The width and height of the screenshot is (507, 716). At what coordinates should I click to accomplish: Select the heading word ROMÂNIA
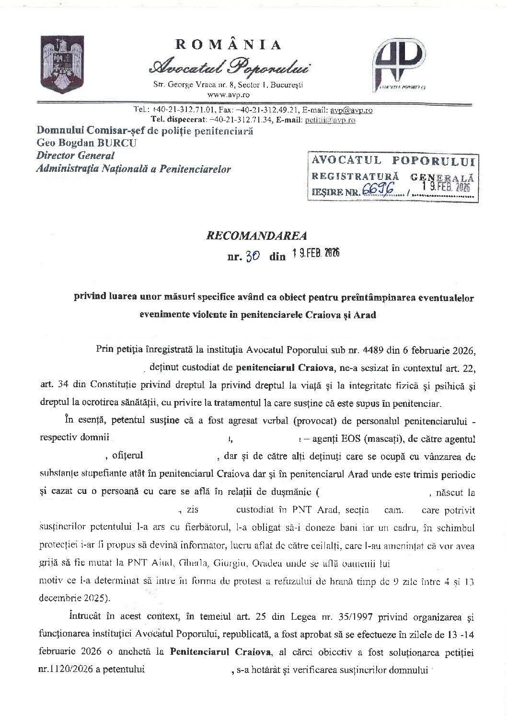(229, 45)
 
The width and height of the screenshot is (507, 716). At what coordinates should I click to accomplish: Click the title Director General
(76, 156)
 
